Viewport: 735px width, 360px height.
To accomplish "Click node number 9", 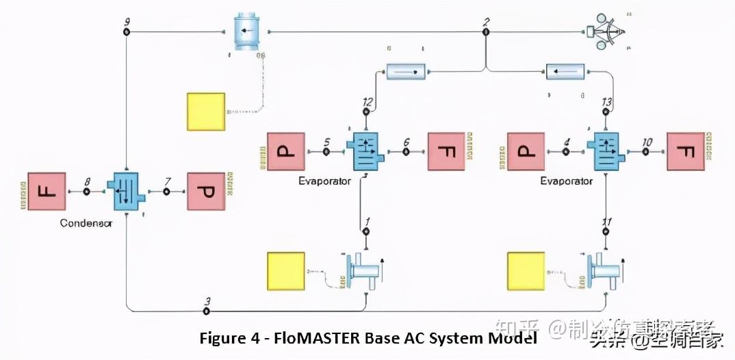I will pyautogui.click(x=127, y=32).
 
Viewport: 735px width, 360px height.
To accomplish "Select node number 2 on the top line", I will pyautogui.click(x=485, y=31).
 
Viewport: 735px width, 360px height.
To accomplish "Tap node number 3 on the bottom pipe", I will pyautogui.click(x=206, y=311).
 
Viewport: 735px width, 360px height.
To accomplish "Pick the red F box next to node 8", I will pyautogui.click(x=47, y=192).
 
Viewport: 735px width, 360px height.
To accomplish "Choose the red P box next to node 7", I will pyautogui.click(x=206, y=192).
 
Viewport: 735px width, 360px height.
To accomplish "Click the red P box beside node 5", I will pyautogui.click(x=286, y=151).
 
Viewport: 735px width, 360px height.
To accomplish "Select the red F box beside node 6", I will pyautogui.click(x=446, y=151).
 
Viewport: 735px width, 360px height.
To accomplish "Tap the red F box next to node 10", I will pyautogui.click(x=686, y=151).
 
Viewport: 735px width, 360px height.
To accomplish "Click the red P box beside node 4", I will pyautogui.click(x=526, y=151).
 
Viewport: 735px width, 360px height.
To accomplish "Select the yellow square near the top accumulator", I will pyautogui.click(x=206, y=112).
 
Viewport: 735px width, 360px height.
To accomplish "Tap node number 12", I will pyautogui.click(x=367, y=111).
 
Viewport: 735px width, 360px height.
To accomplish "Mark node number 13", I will pyautogui.click(x=606, y=112).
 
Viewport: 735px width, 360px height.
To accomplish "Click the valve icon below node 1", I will pyautogui.click(x=363, y=272).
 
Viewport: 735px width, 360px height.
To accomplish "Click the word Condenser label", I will pyautogui.click(x=86, y=223).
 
